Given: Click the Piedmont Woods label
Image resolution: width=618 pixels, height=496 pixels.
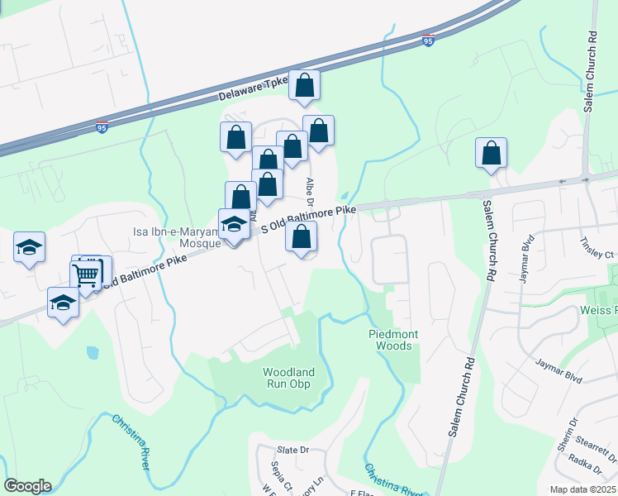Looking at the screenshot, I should pos(389,340).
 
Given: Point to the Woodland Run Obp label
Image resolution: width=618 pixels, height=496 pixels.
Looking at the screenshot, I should pos(288,378).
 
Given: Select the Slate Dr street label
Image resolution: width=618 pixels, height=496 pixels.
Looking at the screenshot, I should pos(292,450).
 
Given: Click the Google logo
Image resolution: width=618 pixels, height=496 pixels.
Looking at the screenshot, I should pos(26,486).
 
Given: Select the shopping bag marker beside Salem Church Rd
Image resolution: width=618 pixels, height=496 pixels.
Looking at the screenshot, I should pos(491,153).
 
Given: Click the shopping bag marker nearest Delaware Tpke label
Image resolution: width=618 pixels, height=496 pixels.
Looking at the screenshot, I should pos(304,85).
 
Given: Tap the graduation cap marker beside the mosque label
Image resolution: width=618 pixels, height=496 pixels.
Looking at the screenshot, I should pos(235,225).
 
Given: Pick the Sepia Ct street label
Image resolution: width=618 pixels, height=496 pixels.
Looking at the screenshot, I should pos(277,475).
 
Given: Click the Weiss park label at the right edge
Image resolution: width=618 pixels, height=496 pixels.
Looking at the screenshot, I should pos(610,310).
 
